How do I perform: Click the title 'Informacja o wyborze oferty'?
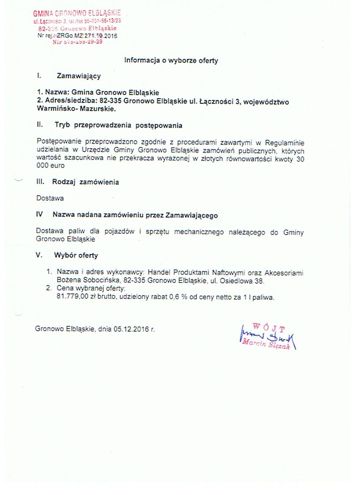pyautogui.click(x=171, y=60)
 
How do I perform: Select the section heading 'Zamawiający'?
pyautogui.click(x=79, y=76)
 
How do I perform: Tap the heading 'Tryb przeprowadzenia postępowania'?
pyautogui.click(x=119, y=125)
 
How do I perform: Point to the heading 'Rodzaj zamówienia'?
pyautogui.click(x=86, y=182)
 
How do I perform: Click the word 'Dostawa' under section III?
pyautogui.click(x=50, y=198)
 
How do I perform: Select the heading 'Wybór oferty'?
pyautogui.click(x=76, y=255)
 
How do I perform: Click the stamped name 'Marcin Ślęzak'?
pyautogui.click(x=265, y=345)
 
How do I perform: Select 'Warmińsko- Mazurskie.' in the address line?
pyautogui.click(x=76, y=109)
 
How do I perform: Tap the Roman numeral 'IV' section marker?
pyautogui.click(x=39, y=215)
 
